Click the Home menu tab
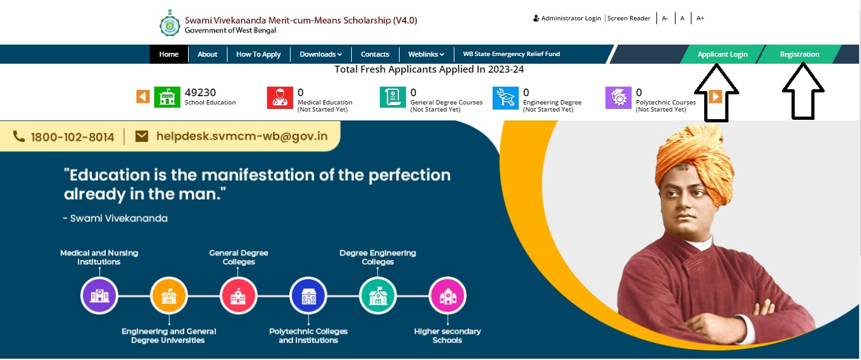pos(169,54)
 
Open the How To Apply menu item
pos(258,54)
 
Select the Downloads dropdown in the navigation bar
pos(321,54)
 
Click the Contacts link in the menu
pos(375,54)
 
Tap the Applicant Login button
pos(722,54)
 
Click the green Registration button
pos(799,54)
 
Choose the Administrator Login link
pos(567,18)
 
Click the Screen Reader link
pos(629,18)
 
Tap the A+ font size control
pos(700,18)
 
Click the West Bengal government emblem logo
pos(170,24)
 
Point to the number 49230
pos(200,92)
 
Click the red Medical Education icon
pos(280,97)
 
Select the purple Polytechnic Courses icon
pos(618,97)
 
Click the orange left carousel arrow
pos(143,96)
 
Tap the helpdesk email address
pos(242,136)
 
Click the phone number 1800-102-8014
pos(72,137)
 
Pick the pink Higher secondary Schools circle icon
pos(447,296)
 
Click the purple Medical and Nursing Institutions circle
pos(99,296)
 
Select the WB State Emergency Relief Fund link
pos(511,54)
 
